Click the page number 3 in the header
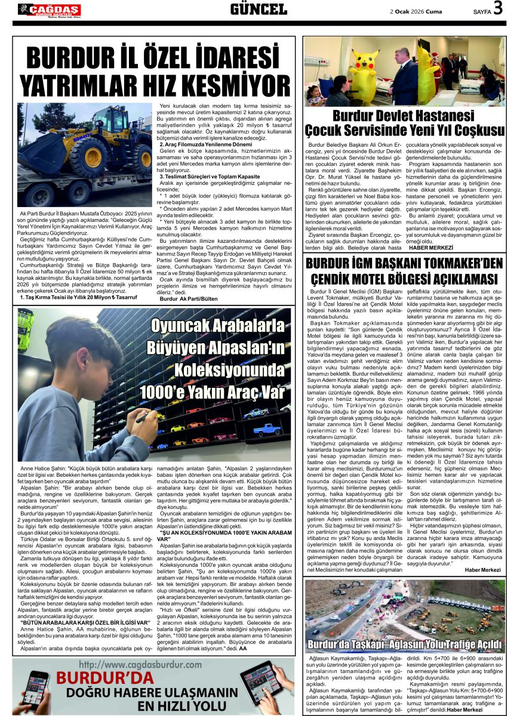499,9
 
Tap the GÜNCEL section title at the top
259,9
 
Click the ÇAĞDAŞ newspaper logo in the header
49,10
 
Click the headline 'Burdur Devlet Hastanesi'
404,116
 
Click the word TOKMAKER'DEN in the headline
457,264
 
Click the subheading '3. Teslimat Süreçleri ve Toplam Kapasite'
208,177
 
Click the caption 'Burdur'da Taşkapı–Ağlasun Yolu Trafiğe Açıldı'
404,644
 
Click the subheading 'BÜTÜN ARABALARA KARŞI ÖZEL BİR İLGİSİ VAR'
82,622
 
